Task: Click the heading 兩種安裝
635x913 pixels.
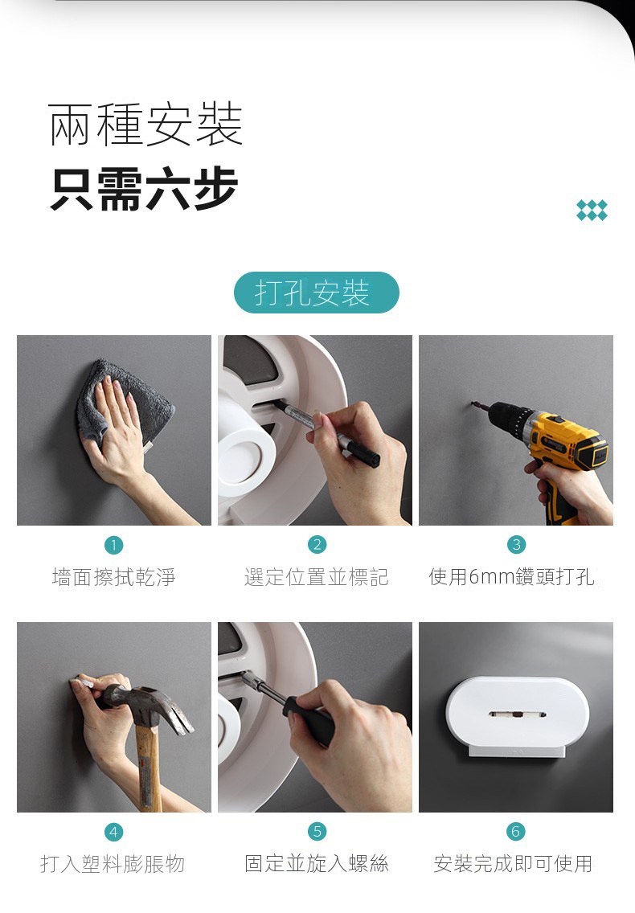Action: tap(145, 124)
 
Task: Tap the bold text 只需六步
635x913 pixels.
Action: tap(145, 188)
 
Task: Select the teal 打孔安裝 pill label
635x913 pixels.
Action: tap(317, 293)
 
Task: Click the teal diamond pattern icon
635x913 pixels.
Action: tap(592, 211)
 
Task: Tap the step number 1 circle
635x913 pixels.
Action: tap(113, 545)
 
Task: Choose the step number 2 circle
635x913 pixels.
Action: tap(317, 544)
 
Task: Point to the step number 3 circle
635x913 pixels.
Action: tap(516, 544)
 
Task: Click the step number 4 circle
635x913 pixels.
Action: tap(113, 832)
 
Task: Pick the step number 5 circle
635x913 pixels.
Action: tap(317, 831)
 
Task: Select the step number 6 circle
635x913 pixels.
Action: tap(515, 831)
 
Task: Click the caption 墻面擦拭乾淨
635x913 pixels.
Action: tap(113, 577)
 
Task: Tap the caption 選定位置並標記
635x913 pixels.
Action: tap(317, 577)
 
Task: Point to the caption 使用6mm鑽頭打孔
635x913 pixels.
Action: tap(511, 577)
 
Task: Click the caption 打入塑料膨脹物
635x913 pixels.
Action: tap(113, 863)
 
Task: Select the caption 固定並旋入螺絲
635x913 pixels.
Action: tap(317, 863)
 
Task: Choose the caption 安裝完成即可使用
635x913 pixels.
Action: tap(513, 863)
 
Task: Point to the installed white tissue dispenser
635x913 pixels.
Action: tap(518, 716)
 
